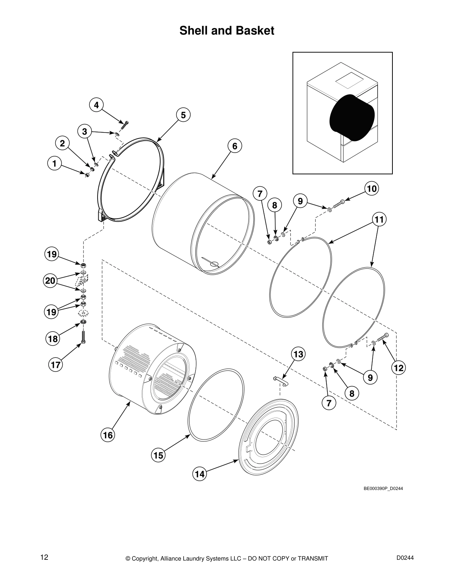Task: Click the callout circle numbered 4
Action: click(96, 105)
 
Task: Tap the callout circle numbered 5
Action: click(183, 115)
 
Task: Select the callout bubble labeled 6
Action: click(235, 146)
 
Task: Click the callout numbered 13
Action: click(298, 355)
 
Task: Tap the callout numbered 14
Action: click(200, 474)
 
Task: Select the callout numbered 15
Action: click(158, 455)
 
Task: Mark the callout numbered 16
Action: click(108, 435)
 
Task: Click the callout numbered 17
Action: click(56, 365)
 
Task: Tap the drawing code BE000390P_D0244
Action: click(383, 488)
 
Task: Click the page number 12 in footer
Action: click(44, 557)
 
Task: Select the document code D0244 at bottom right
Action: click(405, 557)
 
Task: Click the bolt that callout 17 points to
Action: click(83, 337)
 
